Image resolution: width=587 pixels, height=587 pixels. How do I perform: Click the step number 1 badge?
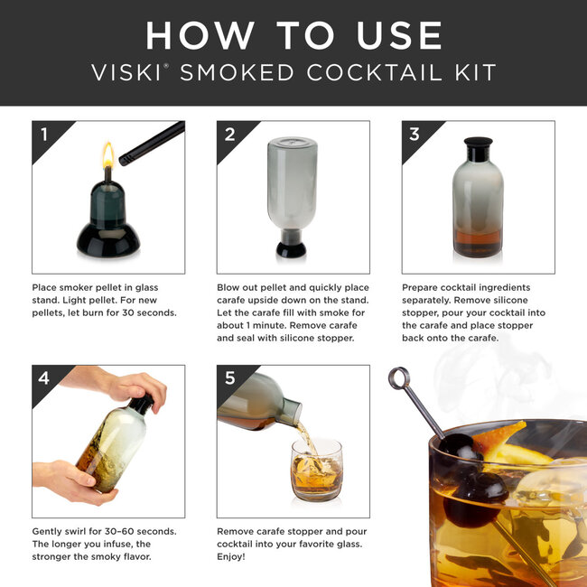(43, 135)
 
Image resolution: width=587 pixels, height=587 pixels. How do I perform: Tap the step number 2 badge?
(228, 135)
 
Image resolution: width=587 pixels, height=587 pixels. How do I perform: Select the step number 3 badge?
(414, 135)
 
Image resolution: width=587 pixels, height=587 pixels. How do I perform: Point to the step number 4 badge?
(43, 378)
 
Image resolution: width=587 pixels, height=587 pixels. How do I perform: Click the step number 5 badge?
(228, 378)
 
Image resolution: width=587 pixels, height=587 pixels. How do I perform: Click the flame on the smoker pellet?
(108, 154)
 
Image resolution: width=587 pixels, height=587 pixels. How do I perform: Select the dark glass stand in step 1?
(108, 226)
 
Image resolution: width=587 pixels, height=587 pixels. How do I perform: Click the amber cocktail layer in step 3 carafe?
(478, 244)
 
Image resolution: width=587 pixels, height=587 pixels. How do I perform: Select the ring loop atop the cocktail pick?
(398, 377)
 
